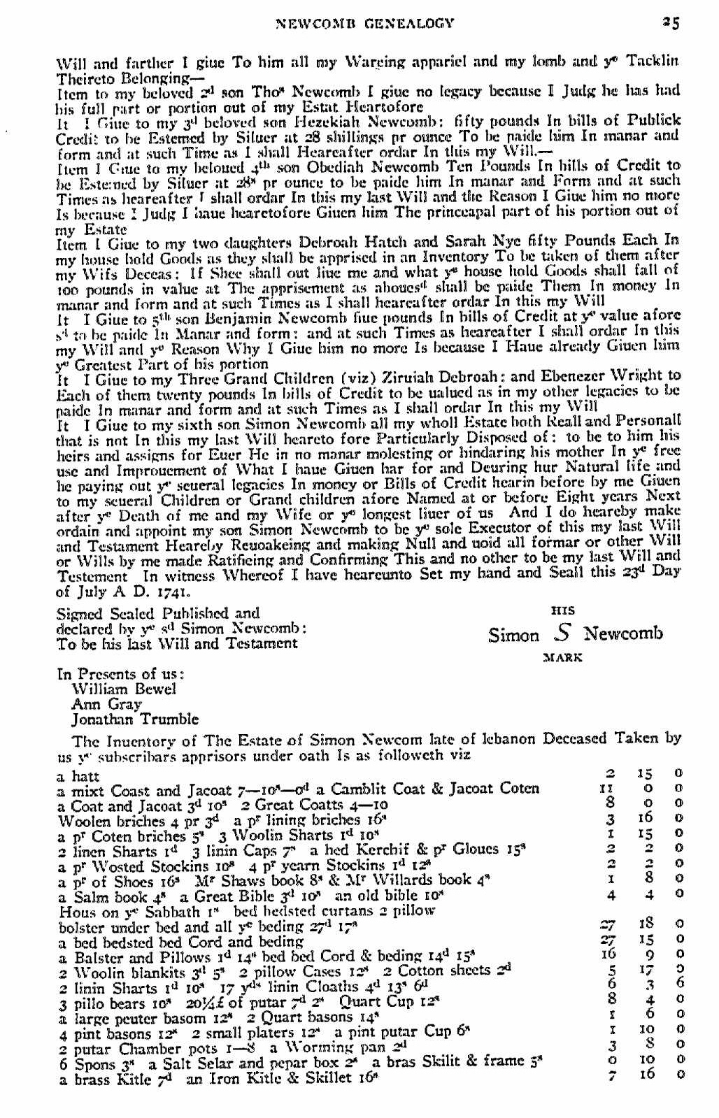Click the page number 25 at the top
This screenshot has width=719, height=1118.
click(x=671, y=22)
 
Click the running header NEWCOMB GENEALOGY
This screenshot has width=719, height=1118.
click(x=365, y=23)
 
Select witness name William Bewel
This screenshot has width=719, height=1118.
click(x=124, y=689)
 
